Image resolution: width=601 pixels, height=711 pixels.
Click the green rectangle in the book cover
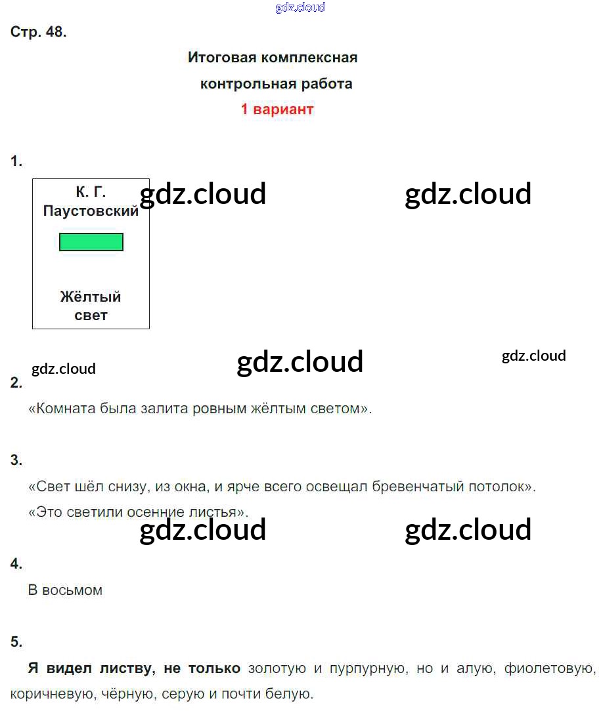(x=91, y=242)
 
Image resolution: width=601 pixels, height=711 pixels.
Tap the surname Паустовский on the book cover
(x=91, y=211)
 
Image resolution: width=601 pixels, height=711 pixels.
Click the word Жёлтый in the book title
(x=91, y=297)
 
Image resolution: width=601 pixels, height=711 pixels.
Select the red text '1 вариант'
(x=277, y=109)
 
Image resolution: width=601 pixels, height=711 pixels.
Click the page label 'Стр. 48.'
(x=38, y=33)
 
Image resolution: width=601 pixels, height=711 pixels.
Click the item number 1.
(x=16, y=161)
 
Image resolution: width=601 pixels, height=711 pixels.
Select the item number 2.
(x=16, y=383)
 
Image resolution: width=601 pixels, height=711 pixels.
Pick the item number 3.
(x=16, y=460)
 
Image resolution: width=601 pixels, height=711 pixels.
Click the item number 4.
(x=16, y=563)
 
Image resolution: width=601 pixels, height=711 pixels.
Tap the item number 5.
(x=16, y=642)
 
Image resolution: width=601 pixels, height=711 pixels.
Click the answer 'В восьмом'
(x=65, y=590)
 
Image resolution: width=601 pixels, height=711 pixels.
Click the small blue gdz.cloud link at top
(x=300, y=8)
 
